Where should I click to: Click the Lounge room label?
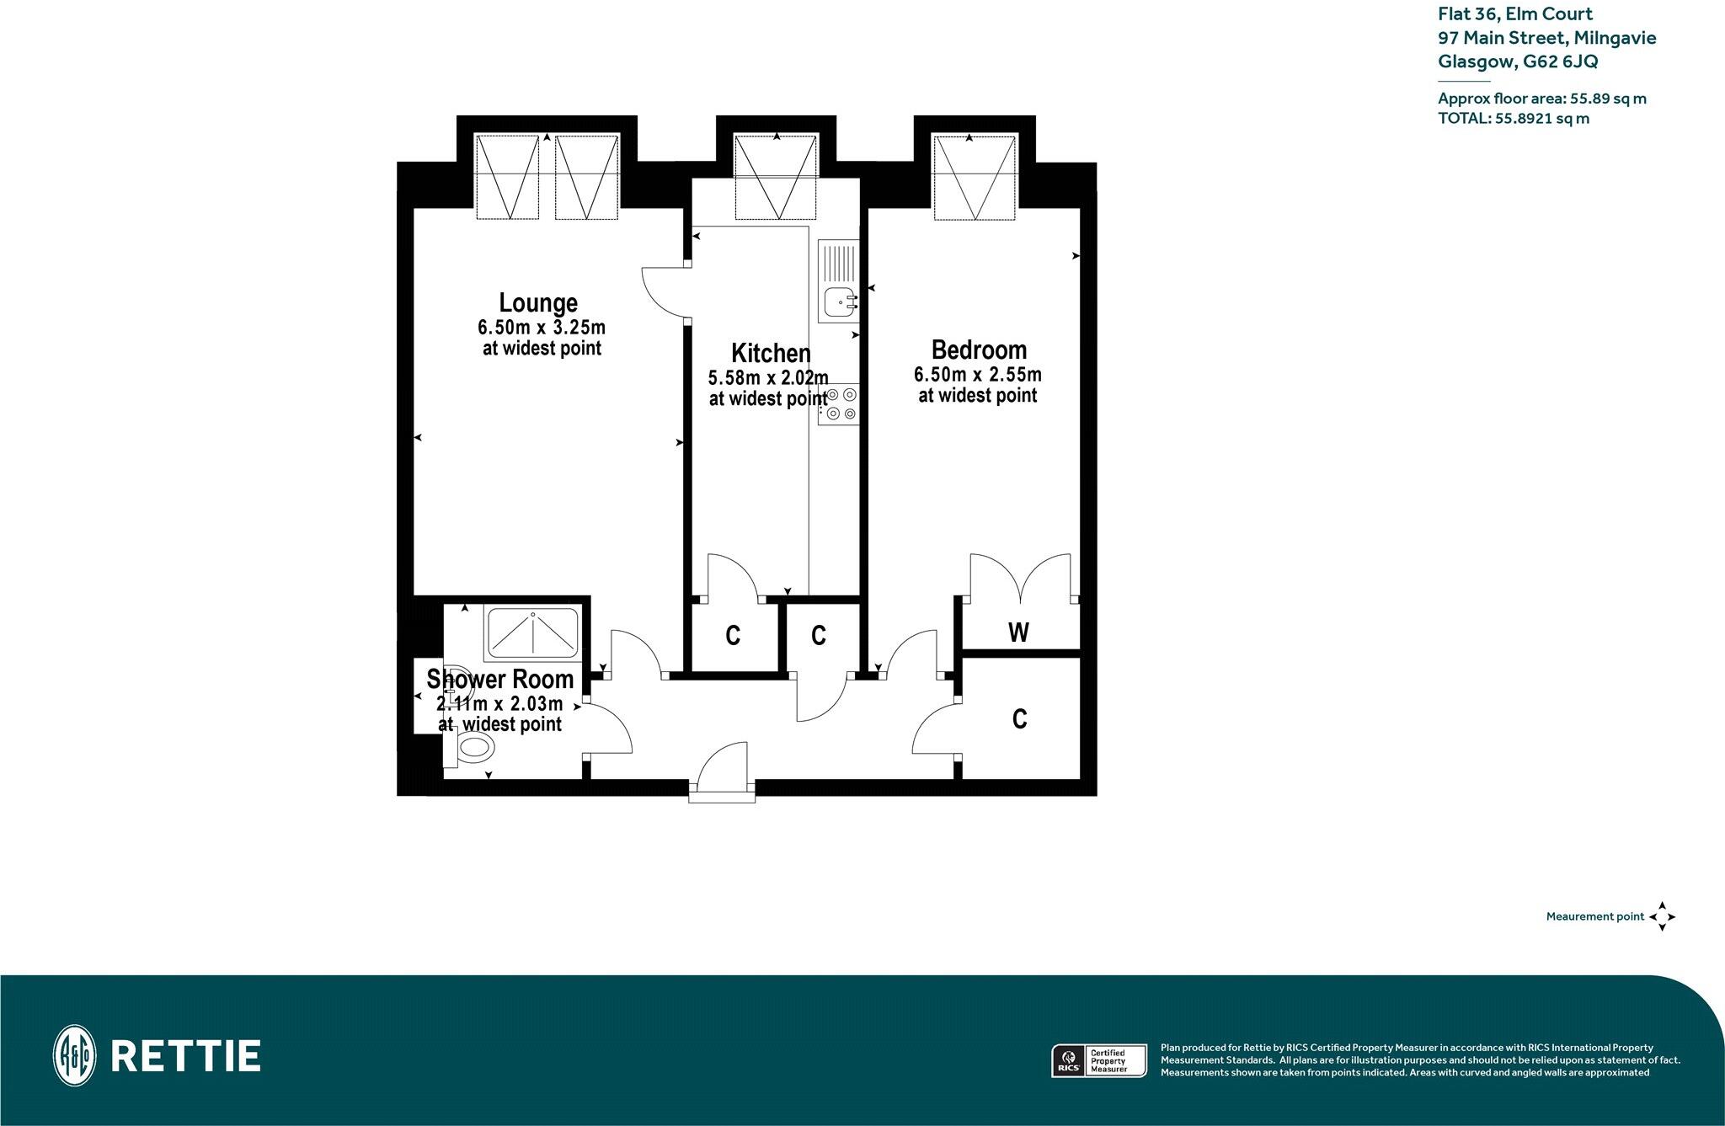pos(538,302)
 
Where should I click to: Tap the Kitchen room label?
pos(771,352)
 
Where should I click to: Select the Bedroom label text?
pos(979,350)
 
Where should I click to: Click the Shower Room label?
pos(499,679)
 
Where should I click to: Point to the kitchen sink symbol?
pos(838,301)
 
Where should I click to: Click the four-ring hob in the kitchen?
pos(839,403)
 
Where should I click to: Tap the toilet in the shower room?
pos(472,747)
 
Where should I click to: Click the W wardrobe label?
pos(1018,632)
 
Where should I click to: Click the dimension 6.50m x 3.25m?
pos(542,327)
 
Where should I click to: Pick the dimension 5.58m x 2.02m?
pos(768,377)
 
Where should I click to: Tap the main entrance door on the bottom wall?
pos(723,771)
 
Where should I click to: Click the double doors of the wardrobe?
pos(1021,580)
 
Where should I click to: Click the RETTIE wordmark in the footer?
pos(185,1056)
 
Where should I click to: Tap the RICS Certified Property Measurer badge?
pos(1100,1059)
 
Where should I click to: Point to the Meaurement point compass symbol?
pos(1662,916)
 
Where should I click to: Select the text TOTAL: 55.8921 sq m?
pos(1514,119)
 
